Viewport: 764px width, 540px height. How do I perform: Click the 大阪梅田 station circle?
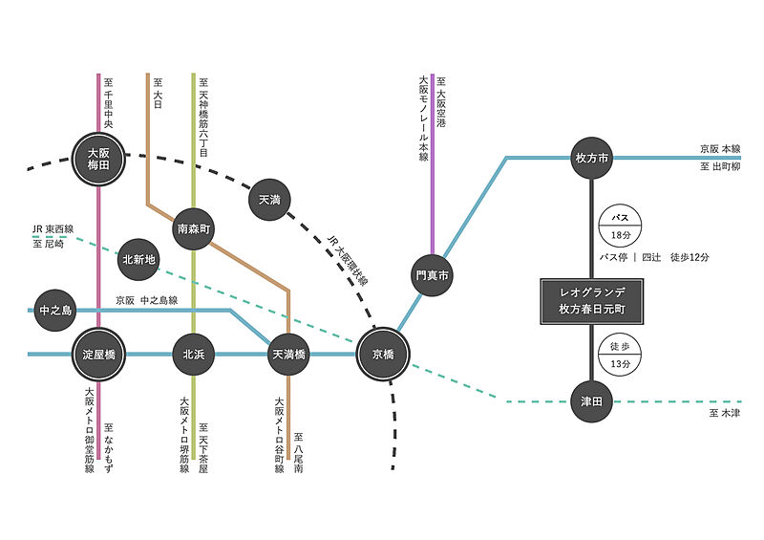coord(98,159)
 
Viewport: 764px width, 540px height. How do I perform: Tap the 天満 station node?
coord(269,200)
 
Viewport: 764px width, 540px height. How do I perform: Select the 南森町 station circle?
coord(194,228)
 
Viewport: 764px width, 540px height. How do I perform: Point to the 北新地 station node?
coord(138,260)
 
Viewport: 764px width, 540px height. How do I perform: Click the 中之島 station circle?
coord(55,311)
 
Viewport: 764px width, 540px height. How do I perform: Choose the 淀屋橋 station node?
coord(98,355)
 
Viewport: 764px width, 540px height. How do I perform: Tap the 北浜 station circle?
coord(194,355)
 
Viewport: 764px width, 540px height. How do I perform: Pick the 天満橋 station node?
coord(288,355)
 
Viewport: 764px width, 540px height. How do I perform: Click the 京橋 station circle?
coord(383,355)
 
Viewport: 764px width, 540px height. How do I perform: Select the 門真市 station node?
coord(432,275)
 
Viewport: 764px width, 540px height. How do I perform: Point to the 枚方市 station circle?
coord(591,158)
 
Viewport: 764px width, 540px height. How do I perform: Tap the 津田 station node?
coord(591,401)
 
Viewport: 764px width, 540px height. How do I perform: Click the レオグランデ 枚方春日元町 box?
coord(592,301)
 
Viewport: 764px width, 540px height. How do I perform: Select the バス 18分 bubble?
coord(620,227)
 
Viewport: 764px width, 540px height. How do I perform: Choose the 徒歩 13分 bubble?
coord(620,355)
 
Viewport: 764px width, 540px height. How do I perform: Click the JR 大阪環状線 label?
coord(348,260)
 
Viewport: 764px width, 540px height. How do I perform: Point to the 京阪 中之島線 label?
coord(147,300)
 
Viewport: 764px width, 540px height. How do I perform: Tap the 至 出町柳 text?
coord(720,167)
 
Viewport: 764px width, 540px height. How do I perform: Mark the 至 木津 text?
coord(725,413)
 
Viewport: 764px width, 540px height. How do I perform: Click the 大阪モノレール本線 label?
coord(423,119)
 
